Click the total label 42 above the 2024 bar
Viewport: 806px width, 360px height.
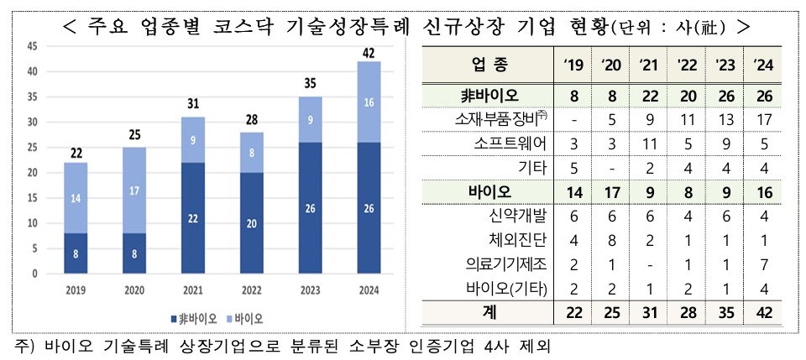[369, 53]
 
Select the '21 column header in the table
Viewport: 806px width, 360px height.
[647, 64]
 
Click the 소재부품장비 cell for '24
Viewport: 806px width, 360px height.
[763, 118]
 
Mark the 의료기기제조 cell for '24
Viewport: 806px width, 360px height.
[763, 265]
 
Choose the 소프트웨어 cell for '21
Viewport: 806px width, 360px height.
[647, 143]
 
